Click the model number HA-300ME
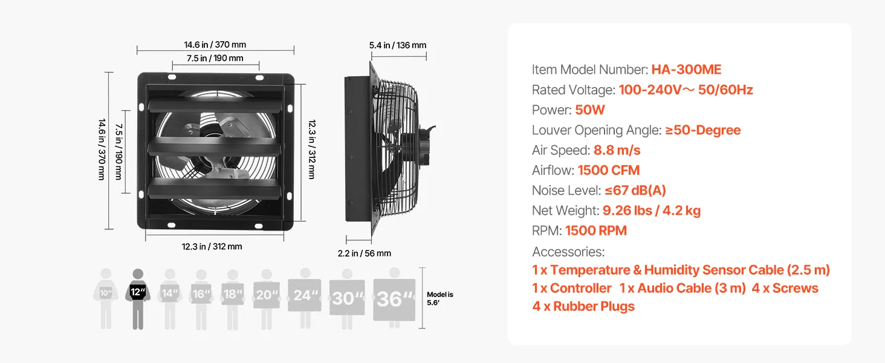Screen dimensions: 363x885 tap(686, 70)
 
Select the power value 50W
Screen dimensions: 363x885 tap(590, 110)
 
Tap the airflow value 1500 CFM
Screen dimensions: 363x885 tap(608, 171)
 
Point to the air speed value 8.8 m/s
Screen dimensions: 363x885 tap(617, 150)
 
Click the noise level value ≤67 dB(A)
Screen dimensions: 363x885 tap(635, 191)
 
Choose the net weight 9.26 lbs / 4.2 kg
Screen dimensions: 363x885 tap(652, 211)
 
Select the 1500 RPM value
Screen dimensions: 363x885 tap(595, 231)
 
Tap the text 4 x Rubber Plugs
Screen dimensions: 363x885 tap(583, 306)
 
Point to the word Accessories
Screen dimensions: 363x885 tap(568, 252)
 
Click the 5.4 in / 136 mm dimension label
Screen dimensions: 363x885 tap(398, 45)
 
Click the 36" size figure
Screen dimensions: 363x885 tap(394, 298)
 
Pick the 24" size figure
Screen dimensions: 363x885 tap(306, 295)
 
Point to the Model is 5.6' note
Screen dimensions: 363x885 tap(439, 298)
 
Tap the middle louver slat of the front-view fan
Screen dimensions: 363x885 tap(216, 146)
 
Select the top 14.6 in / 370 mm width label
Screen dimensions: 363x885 tap(215, 45)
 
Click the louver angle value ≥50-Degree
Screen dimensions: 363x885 tap(702, 130)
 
